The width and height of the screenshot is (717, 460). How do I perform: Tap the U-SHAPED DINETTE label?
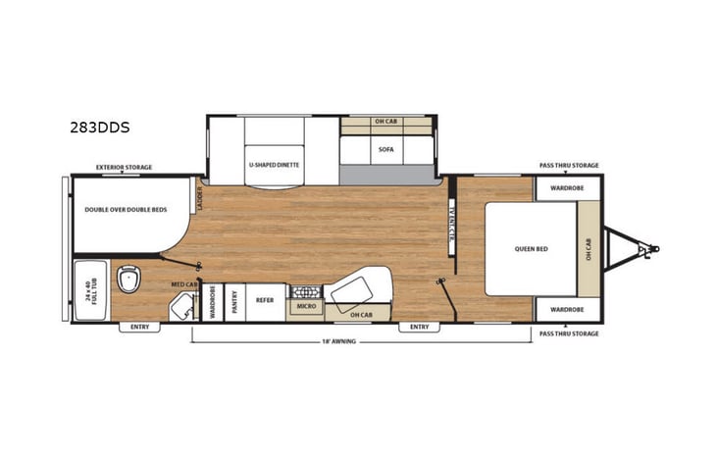[x=274, y=164]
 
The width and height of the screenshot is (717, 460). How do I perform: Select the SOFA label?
[x=385, y=150]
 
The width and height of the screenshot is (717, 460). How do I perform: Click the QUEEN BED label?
[x=531, y=248]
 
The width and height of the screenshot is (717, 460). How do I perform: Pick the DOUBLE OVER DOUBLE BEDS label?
[x=126, y=209]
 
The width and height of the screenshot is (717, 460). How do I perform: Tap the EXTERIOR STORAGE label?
[x=124, y=168]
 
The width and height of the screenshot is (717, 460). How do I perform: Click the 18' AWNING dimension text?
[x=339, y=340]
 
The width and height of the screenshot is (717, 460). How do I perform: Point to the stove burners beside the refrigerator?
[x=303, y=291]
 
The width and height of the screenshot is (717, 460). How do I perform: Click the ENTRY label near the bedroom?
[x=419, y=328]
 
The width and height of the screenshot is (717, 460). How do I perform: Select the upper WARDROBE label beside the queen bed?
[x=567, y=187]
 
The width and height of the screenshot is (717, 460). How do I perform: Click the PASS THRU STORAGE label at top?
[x=569, y=166]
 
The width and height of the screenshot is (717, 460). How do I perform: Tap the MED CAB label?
[x=184, y=285]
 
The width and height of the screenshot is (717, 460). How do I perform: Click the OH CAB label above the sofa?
[x=385, y=122]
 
